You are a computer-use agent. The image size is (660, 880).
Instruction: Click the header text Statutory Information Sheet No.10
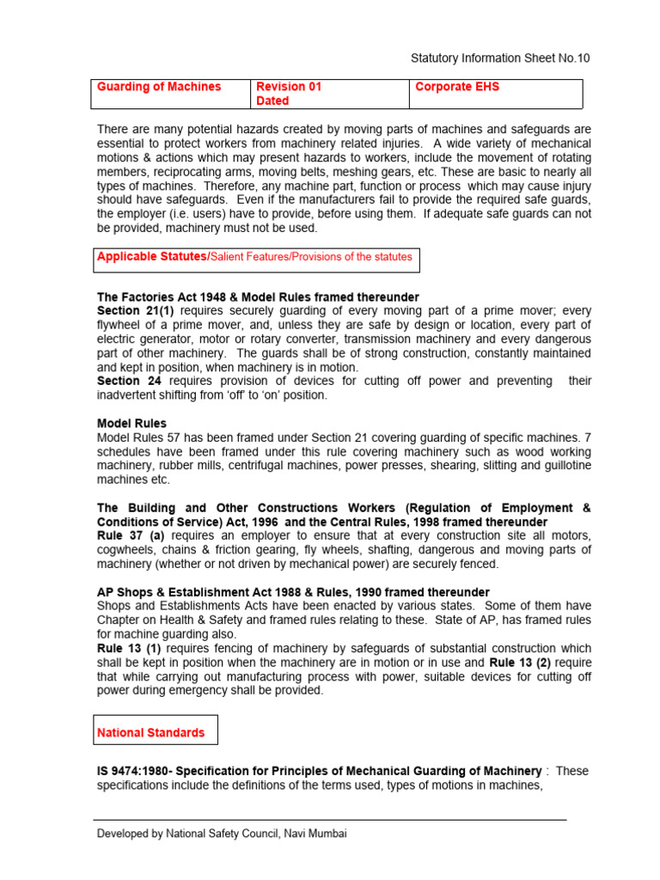coord(498,58)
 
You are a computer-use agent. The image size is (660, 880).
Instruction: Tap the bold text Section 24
coord(131,381)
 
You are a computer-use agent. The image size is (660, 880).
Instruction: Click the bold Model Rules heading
coord(131,424)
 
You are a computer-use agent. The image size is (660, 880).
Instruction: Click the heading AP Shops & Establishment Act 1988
coord(293,592)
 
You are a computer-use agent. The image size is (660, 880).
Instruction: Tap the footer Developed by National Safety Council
coord(222,834)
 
